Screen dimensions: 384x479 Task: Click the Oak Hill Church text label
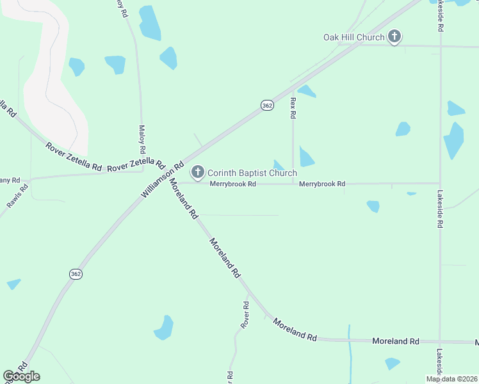pos(353,38)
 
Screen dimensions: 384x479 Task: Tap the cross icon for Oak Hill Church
pos(394,37)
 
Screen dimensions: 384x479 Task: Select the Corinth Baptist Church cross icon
pos(198,172)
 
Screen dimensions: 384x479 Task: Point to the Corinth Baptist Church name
pos(252,173)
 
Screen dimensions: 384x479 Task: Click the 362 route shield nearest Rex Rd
pos(267,105)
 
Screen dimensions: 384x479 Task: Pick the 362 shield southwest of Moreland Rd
pos(76,274)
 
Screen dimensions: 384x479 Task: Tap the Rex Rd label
pos(293,108)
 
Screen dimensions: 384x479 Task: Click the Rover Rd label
pos(245,315)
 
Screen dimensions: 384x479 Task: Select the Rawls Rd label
pos(18,196)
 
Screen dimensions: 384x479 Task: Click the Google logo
pos(21,376)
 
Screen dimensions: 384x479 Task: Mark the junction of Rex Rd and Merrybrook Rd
pos(293,184)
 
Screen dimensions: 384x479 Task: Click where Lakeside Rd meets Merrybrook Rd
pos(440,184)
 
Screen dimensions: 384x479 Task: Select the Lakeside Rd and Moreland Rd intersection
pos(440,341)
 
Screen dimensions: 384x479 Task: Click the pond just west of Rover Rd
pos(164,328)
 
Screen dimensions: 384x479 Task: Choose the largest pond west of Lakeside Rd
pos(454,141)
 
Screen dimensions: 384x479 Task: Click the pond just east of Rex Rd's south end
pos(306,157)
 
